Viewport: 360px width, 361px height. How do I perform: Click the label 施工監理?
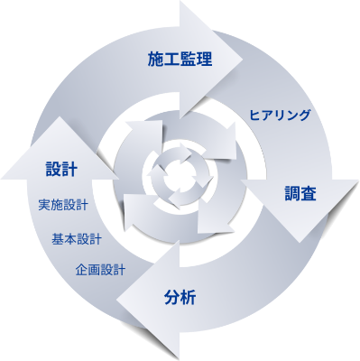tap(180, 59)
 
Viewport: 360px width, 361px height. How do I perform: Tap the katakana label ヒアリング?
tap(280, 115)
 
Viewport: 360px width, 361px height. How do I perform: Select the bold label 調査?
tap(300, 193)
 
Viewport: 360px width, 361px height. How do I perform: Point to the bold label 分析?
tap(180, 298)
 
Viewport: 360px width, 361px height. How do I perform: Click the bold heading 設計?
tap(61, 169)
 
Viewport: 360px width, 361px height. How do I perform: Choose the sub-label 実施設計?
tap(63, 205)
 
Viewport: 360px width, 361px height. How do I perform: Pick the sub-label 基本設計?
tap(77, 239)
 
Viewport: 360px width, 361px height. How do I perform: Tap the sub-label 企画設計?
tap(100, 270)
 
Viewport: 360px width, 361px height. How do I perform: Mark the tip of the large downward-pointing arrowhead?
tap(300, 243)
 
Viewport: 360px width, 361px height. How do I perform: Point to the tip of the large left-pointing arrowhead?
tap(116, 301)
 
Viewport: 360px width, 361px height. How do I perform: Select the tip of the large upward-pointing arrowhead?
tap(60, 116)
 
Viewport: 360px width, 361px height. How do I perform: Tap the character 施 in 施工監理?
tap(155, 59)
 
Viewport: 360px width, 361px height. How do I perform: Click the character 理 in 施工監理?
tap(205, 59)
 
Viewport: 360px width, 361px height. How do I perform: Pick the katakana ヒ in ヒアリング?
tap(255, 116)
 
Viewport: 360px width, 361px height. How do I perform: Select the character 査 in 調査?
tap(309, 193)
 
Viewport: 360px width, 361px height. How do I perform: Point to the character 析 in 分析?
tap(188, 298)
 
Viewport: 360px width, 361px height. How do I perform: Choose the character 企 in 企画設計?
tap(81, 270)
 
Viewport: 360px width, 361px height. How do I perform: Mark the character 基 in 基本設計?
tap(58, 239)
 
